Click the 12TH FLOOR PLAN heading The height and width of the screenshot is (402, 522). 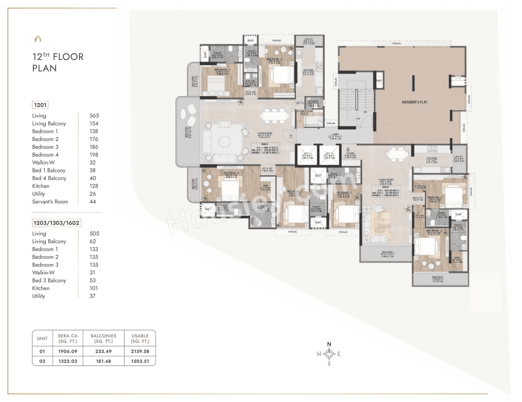point(58,62)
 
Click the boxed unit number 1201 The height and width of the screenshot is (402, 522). point(40,105)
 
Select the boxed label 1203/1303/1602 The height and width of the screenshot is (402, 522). point(56,223)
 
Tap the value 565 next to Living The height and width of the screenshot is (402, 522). point(94,116)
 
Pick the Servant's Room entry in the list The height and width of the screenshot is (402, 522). point(50,202)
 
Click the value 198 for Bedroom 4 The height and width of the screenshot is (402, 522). point(94,155)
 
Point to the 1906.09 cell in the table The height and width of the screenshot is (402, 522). point(68,351)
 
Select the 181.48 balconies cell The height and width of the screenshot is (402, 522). point(103,361)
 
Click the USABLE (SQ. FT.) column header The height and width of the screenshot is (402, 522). point(140,338)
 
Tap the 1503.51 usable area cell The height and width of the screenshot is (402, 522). point(140,361)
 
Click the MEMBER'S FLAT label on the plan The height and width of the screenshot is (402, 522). point(414,102)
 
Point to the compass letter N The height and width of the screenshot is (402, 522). point(329,344)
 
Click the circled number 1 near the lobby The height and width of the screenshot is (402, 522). point(291,137)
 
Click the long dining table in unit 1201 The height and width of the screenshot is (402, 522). point(274,115)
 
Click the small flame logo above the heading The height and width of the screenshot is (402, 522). point(38,39)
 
